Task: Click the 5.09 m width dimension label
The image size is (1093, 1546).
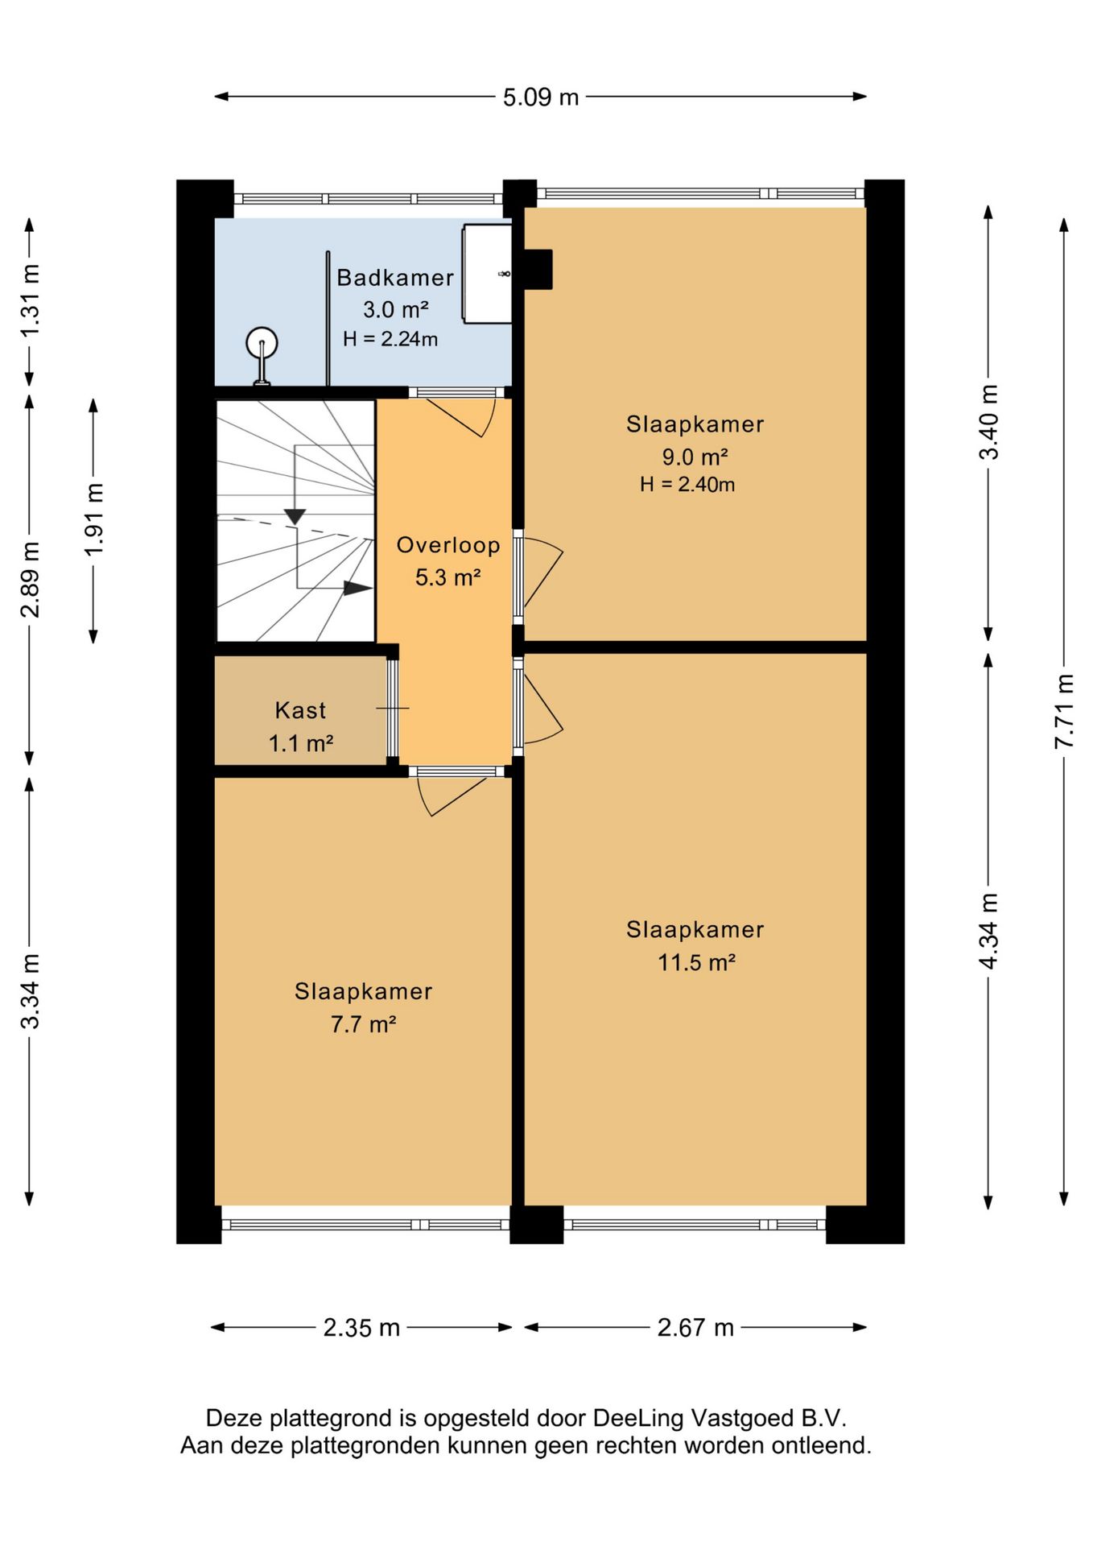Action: coord(541,97)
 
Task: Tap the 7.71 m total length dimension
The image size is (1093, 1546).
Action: coord(1064,711)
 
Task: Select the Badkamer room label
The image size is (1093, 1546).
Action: coord(395,278)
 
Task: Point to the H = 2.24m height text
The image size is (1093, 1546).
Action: coord(390,339)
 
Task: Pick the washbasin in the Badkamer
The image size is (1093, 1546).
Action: coord(487,275)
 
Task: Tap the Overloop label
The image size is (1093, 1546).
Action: coord(448,545)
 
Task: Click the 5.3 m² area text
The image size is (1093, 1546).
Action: coord(448,577)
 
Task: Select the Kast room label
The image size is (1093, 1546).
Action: coord(300,710)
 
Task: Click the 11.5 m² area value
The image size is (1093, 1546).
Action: coord(696,962)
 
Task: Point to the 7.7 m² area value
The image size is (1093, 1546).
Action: coord(363,1024)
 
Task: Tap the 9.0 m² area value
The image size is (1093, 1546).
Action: coord(695,457)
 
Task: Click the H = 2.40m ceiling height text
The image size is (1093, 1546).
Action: coord(687,484)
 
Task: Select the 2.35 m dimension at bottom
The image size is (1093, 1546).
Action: coord(361,1328)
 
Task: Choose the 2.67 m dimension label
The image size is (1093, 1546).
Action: coord(695,1328)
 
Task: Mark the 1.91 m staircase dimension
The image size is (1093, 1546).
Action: coord(93,519)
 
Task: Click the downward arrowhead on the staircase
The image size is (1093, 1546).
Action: coord(295,516)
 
